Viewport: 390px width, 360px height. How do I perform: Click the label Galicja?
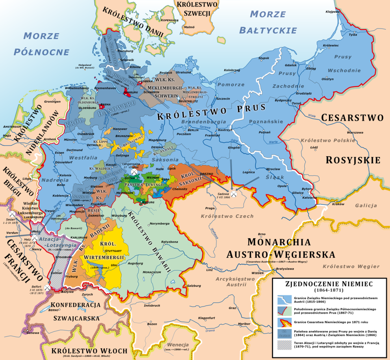point(366,205)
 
